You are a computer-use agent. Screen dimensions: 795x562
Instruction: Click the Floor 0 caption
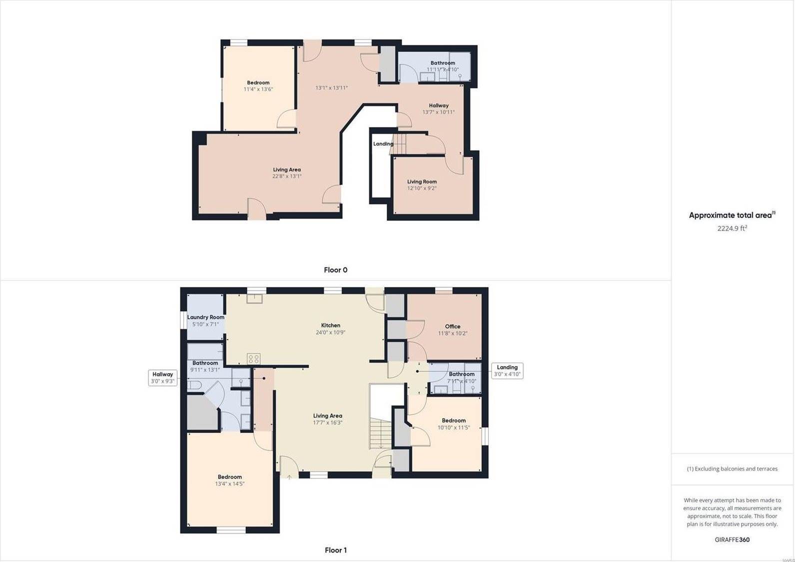[x=335, y=270]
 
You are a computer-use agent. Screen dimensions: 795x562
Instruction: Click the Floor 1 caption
[x=336, y=550]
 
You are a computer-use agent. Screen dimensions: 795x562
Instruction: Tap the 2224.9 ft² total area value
[x=732, y=228]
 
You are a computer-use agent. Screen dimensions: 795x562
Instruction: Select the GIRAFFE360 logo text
[x=732, y=539]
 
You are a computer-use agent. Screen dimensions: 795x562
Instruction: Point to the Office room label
[x=453, y=326]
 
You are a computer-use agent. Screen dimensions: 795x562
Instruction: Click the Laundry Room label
[x=205, y=317]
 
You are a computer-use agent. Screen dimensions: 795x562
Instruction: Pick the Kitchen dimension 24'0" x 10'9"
[x=330, y=332]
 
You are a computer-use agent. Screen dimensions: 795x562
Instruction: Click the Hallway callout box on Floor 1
[x=162, y=377]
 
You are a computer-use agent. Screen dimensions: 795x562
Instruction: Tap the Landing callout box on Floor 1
[x=507, y=370]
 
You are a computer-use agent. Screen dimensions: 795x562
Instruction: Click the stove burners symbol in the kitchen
[x=253, y=358]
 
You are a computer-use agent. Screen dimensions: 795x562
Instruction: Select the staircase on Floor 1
[x=380, y=433]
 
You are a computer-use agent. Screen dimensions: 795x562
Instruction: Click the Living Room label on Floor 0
[x=422, y=181]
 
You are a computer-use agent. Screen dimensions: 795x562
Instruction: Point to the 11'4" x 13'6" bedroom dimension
[x=258, y=89]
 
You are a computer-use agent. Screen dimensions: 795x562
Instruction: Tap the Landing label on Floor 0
[x=383, y=144]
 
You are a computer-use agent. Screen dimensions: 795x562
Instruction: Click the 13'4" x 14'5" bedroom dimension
[x=230, y=483]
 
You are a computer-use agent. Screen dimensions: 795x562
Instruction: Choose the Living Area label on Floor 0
[x=287, y=169]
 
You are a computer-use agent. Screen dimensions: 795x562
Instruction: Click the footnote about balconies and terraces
[x=732, y=468]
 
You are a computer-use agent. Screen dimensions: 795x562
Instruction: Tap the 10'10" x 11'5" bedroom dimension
[x=454, y=427]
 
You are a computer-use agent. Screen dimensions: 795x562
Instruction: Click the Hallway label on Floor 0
[x=438, y=105]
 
